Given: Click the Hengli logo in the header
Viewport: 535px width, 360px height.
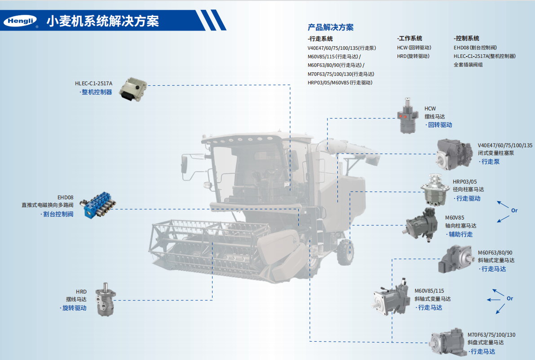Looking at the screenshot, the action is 20,21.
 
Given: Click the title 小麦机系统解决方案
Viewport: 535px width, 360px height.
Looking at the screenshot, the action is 103,21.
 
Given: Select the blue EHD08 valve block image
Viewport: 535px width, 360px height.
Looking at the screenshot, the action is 97,204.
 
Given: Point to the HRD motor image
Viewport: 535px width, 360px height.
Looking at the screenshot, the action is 106,299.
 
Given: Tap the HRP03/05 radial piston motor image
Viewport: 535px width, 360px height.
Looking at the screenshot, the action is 435,190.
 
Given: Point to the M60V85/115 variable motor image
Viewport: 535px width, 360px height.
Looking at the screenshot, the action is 392,297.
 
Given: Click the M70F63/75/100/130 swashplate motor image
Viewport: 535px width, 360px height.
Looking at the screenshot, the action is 448,342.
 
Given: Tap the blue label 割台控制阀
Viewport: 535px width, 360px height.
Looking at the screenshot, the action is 58,214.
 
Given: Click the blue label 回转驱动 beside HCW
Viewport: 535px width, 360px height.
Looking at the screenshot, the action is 440,125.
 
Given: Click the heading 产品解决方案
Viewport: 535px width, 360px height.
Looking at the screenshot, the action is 331,27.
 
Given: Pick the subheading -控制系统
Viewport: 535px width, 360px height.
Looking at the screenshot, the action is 466,38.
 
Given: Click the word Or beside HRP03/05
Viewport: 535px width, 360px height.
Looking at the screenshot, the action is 514,211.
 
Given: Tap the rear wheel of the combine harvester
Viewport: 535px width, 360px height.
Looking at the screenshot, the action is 345,252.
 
